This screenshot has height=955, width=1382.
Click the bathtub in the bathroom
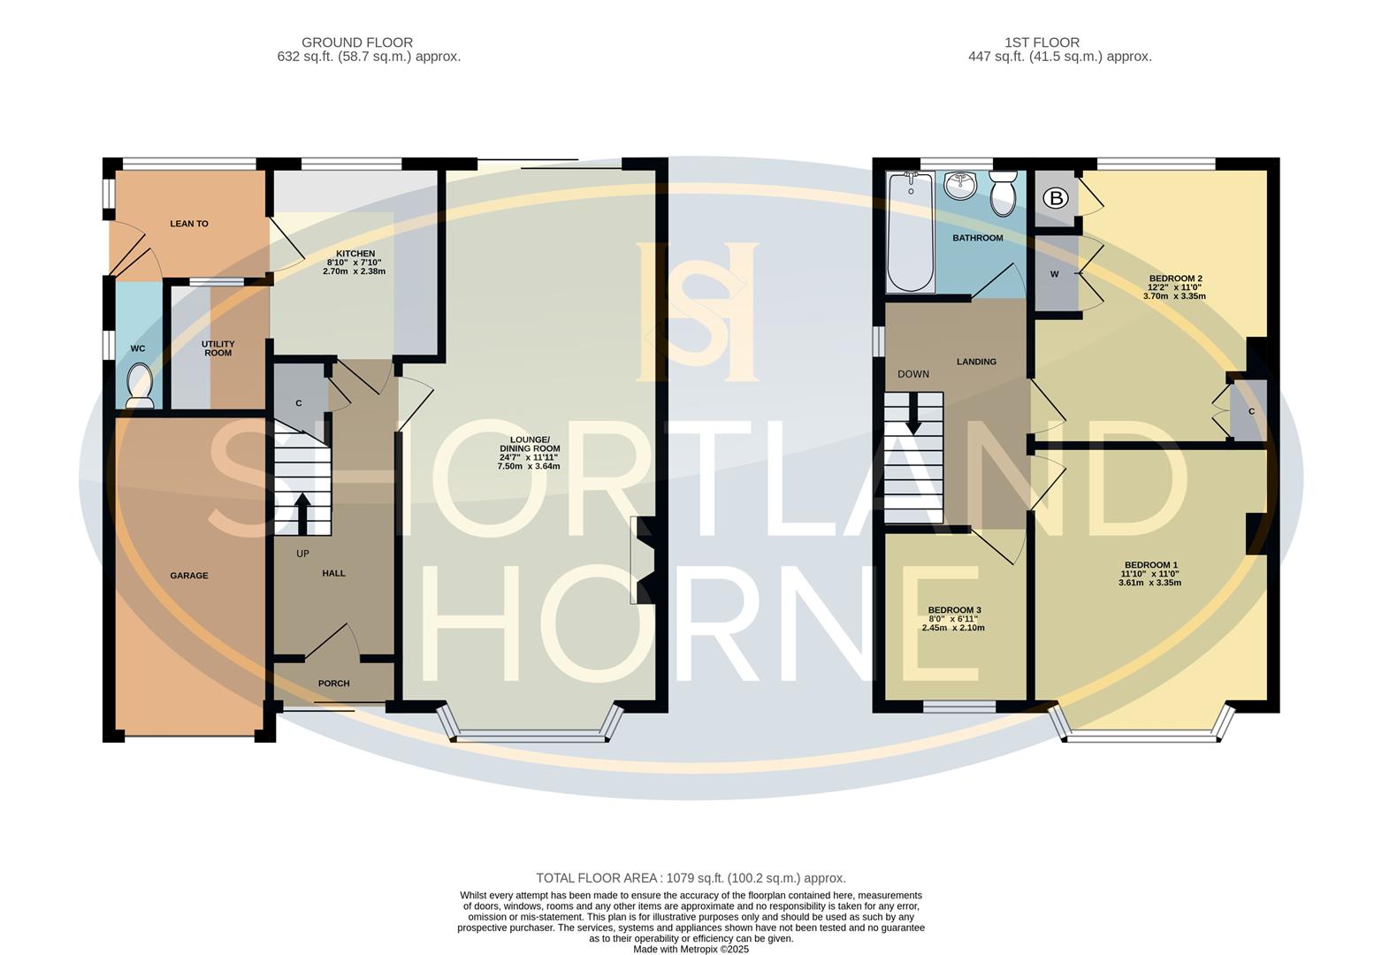pyautogui.click(x=910, y=232)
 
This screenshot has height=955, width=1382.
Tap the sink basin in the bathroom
pyautogui.click(x=959, y=186)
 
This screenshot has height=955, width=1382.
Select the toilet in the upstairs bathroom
pyautogui.click(x=1004, y=195)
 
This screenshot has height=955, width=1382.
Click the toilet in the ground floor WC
pyautogui.click(x=140, y=387)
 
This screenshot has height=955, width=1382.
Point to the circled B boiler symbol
pyautogui.click(x=1055, y=198)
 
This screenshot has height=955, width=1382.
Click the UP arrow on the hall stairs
pyautogui.click(x=302, y=514)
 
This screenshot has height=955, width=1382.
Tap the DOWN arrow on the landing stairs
pyautogui.click(x=913, y=414)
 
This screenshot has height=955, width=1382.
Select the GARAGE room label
pyautogui.click(x=189, y=576)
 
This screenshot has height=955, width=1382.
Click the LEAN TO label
pyautogui.click(x=189, y=224)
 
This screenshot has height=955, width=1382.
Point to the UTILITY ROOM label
pyautogui.click(x=218, y=348)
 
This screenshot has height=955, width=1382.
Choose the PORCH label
pyautogui.click(x=333, y=684)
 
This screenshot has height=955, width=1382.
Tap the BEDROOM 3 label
pyautogui.click(x=954, y=610)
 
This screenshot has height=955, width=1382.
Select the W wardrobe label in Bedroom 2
pyautogui.click(x=1054, y=274)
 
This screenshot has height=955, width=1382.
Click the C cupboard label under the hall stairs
pyautogui.click(x=299, y=403)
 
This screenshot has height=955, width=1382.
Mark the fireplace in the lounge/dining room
pyautogui.click(x=643, y=561)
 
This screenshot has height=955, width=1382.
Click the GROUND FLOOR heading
pyautogui.click(x=356, y=42)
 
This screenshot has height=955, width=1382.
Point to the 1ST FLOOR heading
pyautogui.click(x=1042, y=42)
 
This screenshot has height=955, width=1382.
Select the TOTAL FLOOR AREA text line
pyautogui.click(x=691, y=878)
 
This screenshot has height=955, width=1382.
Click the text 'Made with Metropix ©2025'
pyautogui.click(x=691, y=949)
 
